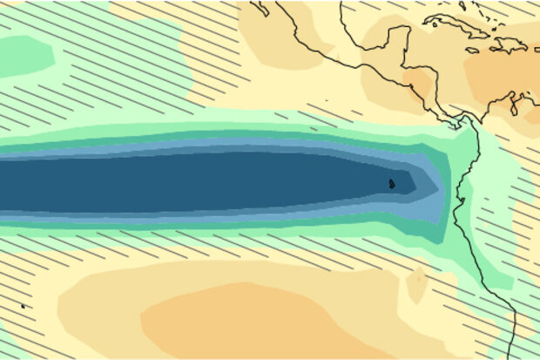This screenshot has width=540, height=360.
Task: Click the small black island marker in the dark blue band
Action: [x=391, y=183]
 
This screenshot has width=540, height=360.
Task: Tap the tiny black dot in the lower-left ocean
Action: [x=23, y=306]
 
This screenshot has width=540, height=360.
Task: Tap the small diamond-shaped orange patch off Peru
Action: [x=417, y=284]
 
